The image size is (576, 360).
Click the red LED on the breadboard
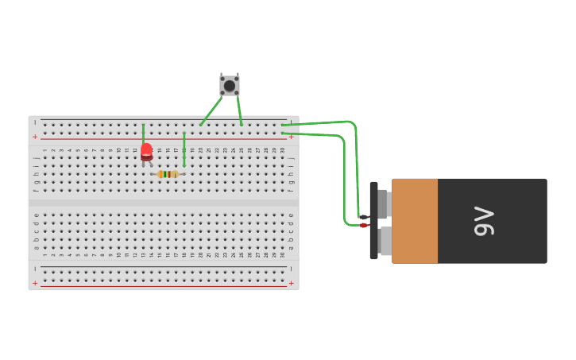[146, 151]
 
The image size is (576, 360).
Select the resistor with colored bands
[168, 174]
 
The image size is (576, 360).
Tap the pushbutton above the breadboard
[230, 85]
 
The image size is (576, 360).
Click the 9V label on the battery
[484, 221]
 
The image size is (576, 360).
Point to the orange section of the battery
[414, 221]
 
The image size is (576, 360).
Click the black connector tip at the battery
[363, 216]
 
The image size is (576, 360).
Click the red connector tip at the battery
[363, 226]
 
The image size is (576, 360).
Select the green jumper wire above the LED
[144, 133]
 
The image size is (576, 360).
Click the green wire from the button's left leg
[211, 111]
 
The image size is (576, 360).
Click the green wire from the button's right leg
[239, 110]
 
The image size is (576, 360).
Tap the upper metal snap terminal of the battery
[383, 203]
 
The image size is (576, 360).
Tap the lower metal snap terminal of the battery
[385, 242]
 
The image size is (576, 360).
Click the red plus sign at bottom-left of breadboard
[35, 283]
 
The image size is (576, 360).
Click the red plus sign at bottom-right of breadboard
[291, 283]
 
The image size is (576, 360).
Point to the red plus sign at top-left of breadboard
[35, 137]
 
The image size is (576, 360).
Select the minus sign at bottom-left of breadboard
[35, 269]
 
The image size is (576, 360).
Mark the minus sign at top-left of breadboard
[35, 123]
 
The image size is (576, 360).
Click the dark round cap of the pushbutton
[230, 86]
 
